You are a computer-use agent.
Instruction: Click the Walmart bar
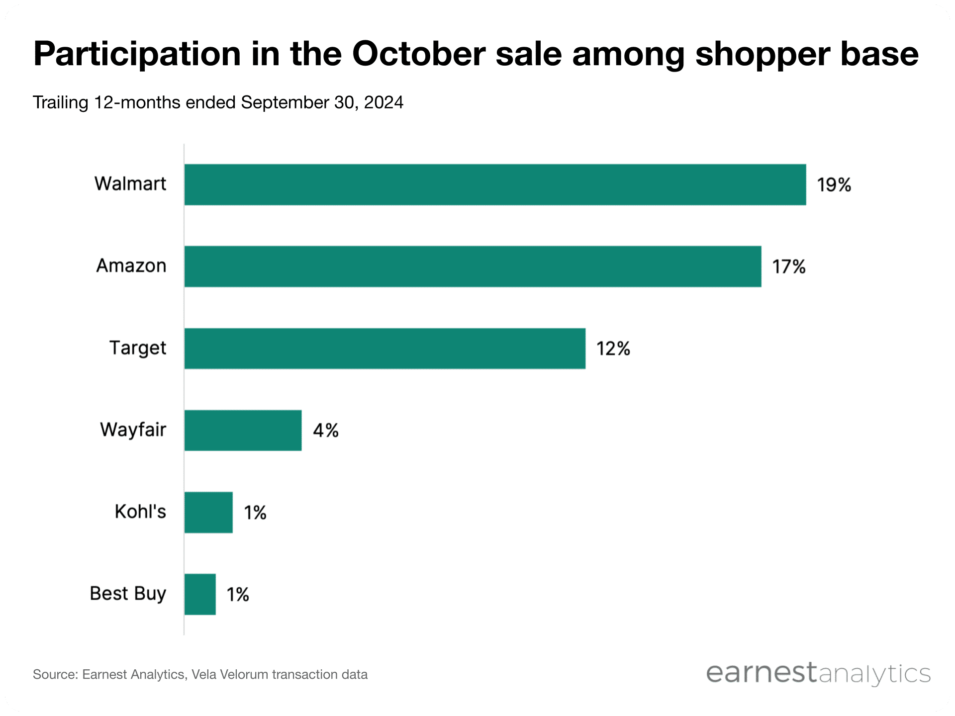pos(495,184)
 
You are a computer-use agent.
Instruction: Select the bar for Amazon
pos(473,267)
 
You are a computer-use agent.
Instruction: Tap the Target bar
pos(384,349)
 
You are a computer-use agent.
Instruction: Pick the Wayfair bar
pos(243,431)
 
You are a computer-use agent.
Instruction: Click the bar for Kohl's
pos(208,513)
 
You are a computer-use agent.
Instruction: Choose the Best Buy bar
pos(200,595)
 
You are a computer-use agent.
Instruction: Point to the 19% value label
pos(834,185)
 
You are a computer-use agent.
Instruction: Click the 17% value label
pos(788,267)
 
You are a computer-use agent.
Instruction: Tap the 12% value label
pos(613,349)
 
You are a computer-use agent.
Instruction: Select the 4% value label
pos(325,431)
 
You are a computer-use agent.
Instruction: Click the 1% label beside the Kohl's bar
pos(255,513)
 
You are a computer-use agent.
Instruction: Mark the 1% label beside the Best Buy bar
pos(238,595)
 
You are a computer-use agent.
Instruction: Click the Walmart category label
pos(130,184)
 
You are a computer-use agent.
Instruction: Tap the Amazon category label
pos(131,266)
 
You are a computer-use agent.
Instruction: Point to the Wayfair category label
pos(133,430)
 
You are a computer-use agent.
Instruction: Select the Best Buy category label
pos(128,594)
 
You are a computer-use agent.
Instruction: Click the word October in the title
pos(418,54)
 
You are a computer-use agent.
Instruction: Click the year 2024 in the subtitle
pos(383,102)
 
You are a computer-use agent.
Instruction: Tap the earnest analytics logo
pos(818,674)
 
